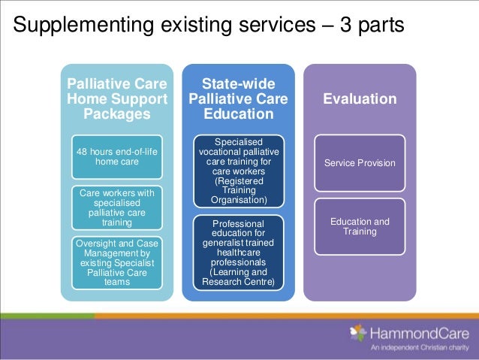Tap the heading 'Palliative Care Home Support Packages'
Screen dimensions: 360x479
(x=117, y=98)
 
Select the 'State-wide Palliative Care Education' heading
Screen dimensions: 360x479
(x=238, y=98)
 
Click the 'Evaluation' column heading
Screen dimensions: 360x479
(x=360, y=99)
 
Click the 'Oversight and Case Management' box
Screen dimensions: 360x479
(x=117, y=262)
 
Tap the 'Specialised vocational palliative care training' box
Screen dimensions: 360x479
(x=239, y=171)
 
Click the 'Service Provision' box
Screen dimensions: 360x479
(x=360, y=163)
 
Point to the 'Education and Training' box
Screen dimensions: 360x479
(x=360, y=226)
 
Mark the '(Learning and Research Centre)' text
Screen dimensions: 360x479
(x=239, y=277)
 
